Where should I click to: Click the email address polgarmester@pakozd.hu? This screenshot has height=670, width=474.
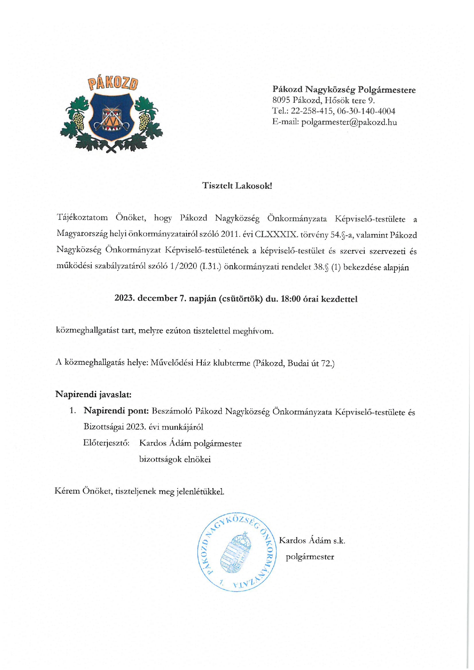pos(349,122)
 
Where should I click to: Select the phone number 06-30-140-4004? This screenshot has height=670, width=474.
pos(366,111)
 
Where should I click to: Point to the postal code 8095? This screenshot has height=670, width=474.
pos(281,100)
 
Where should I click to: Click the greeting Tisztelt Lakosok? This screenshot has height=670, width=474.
pos(237,186)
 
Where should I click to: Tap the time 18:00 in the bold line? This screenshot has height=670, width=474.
pos(291,299)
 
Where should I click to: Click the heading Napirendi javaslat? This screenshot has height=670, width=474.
pos(93,394)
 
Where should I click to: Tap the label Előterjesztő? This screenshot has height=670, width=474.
pos(106,443)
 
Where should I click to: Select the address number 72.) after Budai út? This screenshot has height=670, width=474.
pos(328,363)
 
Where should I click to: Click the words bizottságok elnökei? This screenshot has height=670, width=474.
pos(175,459)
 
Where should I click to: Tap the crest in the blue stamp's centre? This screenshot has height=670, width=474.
pos(236,553)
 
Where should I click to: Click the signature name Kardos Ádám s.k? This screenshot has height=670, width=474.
pos(312,541)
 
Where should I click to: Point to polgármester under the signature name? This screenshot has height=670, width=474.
pos(310,557)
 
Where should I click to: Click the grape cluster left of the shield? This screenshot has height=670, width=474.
pos(78,120)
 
